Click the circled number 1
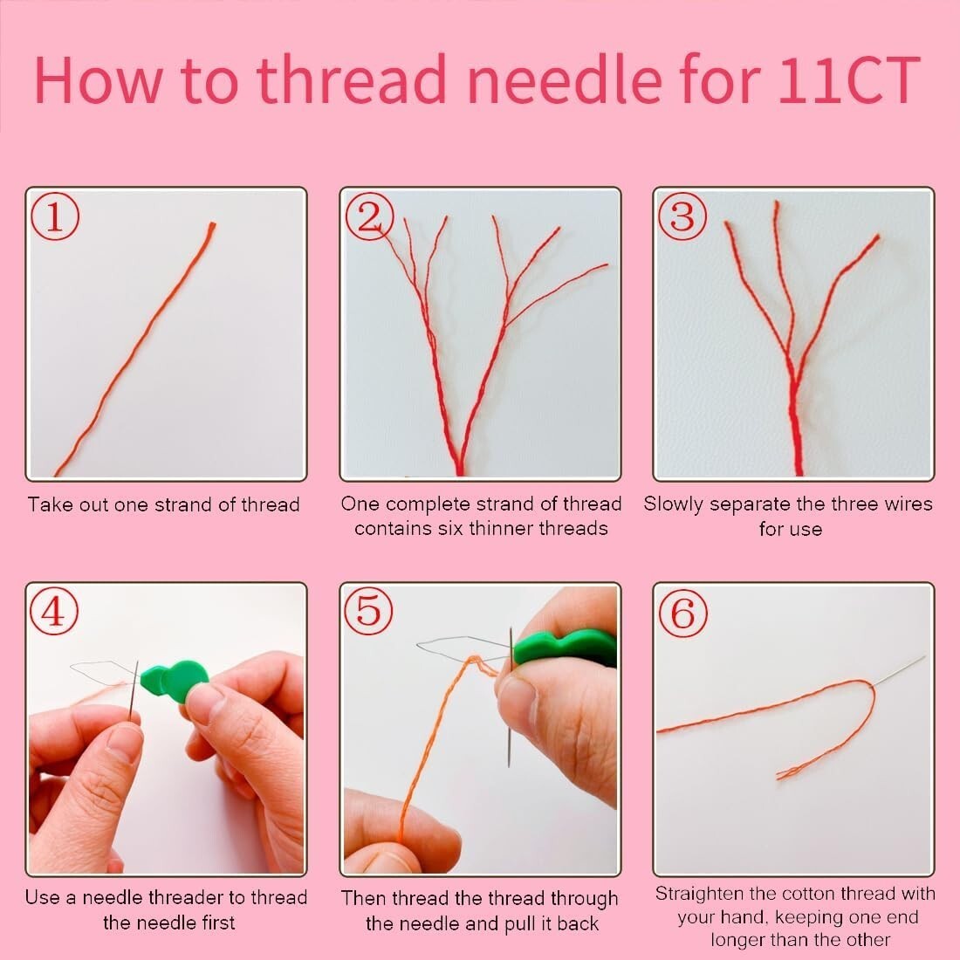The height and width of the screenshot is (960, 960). pos(55,216)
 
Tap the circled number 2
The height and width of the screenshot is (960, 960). pos(369,216)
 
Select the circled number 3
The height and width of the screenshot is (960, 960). pos(682,216)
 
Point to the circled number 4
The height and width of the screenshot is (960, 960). pos(54,611)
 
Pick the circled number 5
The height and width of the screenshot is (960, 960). pos(368,611)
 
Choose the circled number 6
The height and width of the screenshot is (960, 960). pos(683,614)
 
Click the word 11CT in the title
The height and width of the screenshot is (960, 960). pos(848,80)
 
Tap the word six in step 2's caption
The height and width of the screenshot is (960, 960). pos(451,528)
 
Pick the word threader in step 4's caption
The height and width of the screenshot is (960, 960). pos(186,897)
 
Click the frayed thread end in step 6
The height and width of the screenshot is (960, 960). pos(790,773)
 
